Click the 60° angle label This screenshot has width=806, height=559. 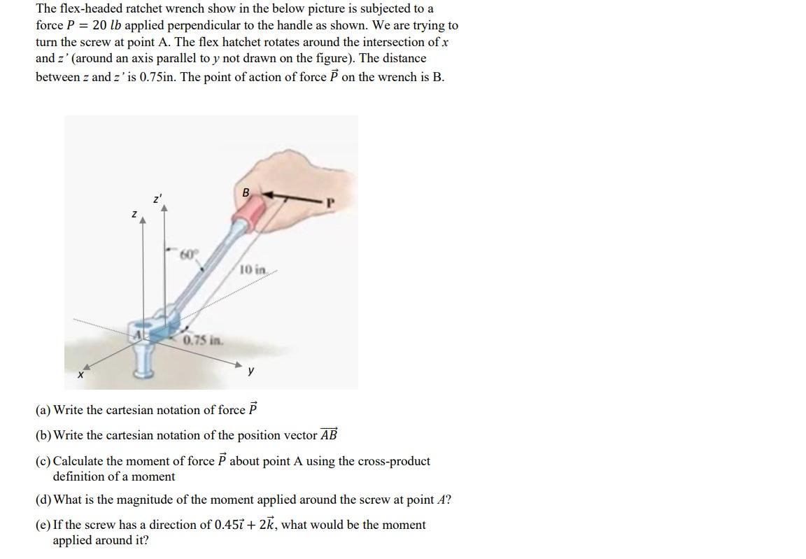click(188, 253)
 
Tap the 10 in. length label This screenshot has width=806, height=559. click(253, 270)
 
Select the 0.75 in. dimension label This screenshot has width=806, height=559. click(202, 341)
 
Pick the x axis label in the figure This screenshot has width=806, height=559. click(80, 376)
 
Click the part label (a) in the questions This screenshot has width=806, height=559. click(43, 410)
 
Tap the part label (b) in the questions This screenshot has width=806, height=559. click(43, 435)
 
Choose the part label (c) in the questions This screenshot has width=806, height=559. click(43, 461)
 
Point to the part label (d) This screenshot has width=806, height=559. click(43, 500)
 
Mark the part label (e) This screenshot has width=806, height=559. click(43, 525)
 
